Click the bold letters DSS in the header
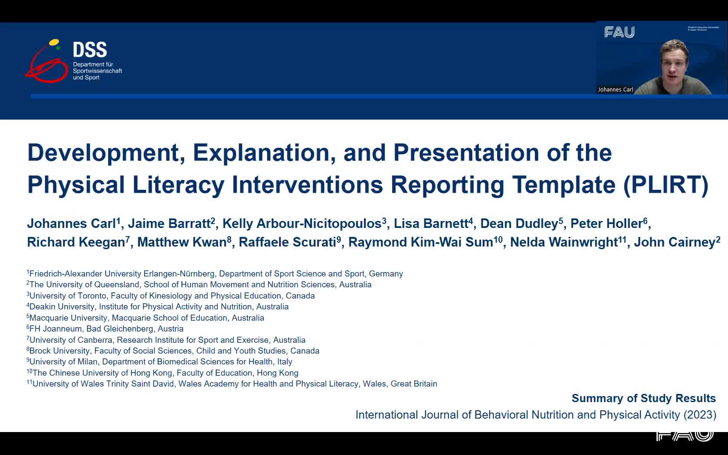point(90,50)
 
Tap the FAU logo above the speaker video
point(620,32)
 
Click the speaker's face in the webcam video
point(675,63)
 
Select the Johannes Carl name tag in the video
point(615,89)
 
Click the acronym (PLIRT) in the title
point(666,185)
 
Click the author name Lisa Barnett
point(431,224)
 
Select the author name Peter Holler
point(607,224)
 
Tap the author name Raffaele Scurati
point(287,242)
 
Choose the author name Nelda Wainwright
point(564,242)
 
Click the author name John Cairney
point(675,243)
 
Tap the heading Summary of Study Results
point(643,399)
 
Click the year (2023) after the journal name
point(700,415)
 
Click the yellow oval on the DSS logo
point(54,42)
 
